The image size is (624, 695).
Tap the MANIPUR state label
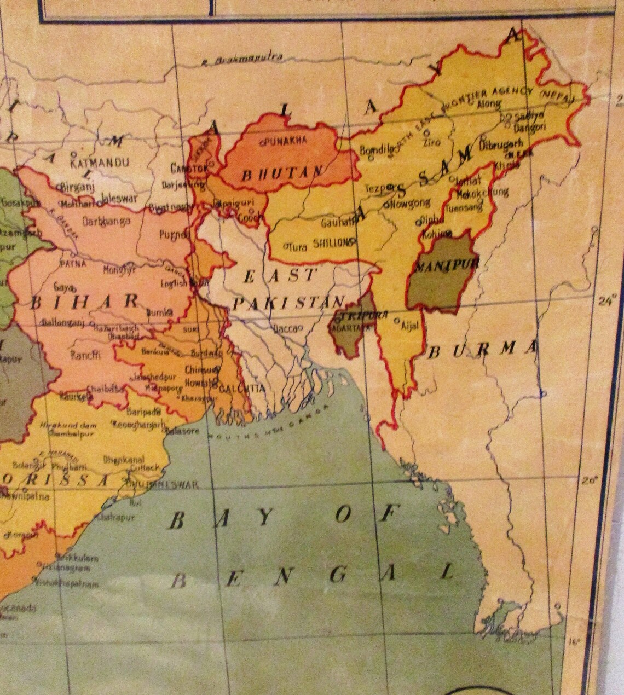pos(447,267)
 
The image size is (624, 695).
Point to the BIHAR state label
pos(85,301)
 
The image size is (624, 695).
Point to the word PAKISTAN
pos(287,302)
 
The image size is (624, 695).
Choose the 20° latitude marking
pos(589,480)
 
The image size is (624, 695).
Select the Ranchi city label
pos(85,355)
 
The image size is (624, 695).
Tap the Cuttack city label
pos(145,468)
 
